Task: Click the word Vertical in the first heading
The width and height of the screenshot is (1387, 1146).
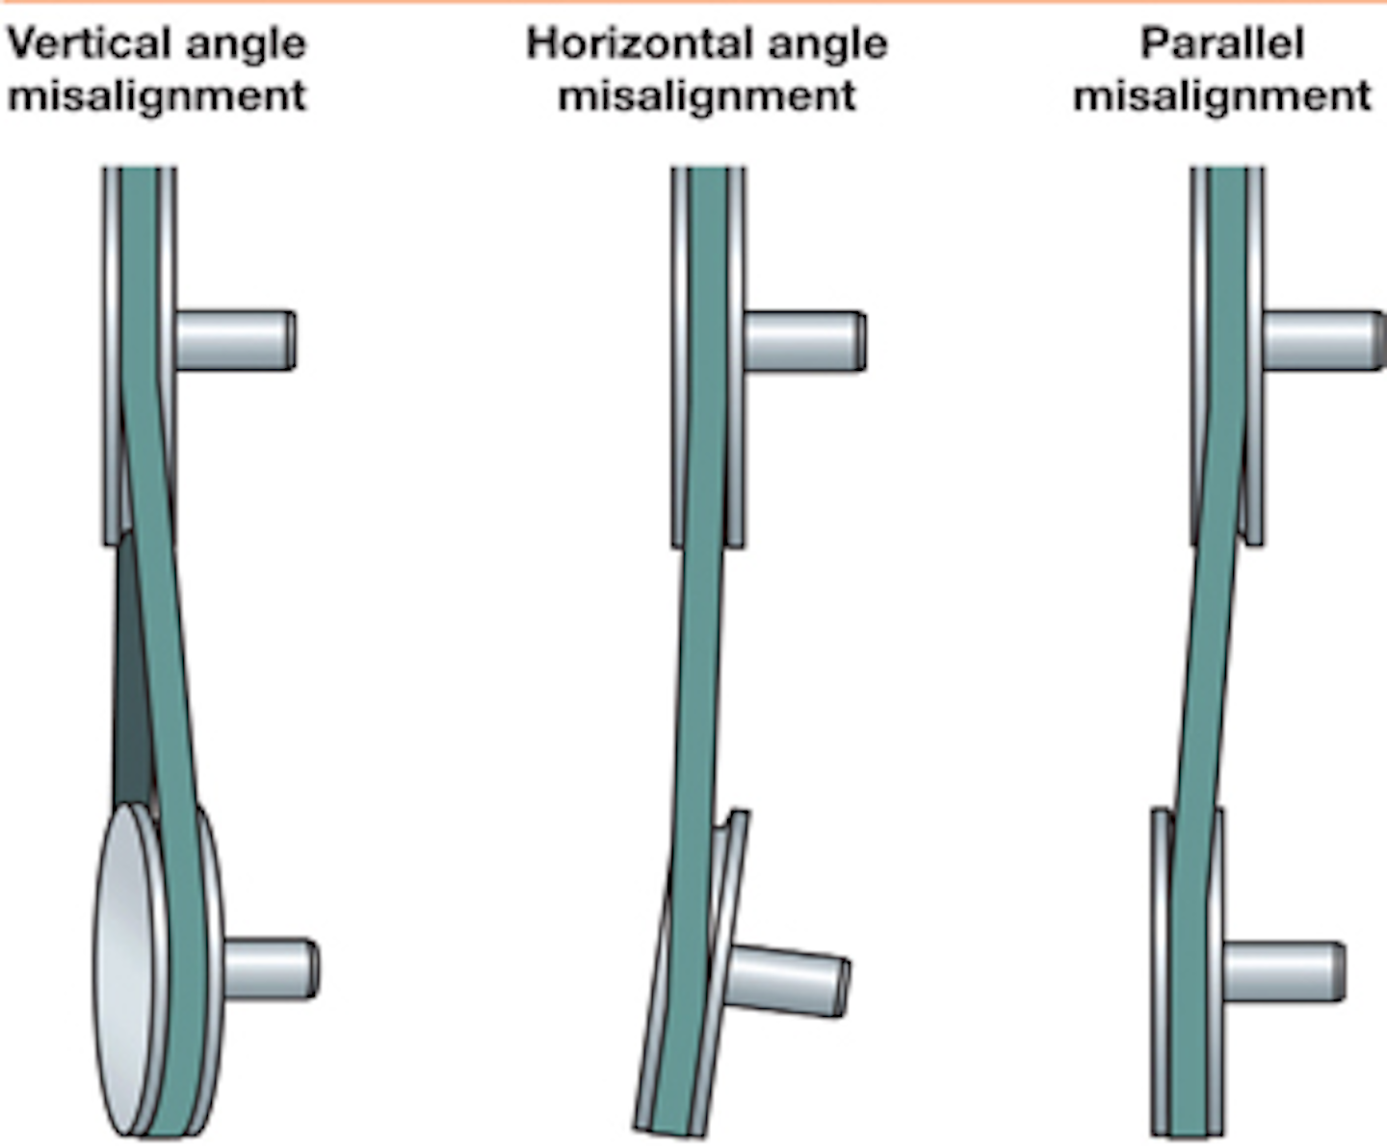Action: [x=87, y=43]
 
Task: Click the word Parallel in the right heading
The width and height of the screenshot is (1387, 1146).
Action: [x=1222, y=43]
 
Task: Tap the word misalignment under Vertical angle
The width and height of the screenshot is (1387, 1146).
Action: [x=157, y=95]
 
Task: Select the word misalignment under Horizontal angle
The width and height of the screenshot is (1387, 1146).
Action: [x=707, y=95]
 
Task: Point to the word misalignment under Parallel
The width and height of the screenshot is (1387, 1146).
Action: [x=1222, y=95]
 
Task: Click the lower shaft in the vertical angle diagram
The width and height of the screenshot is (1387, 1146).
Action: [x=270, y=969]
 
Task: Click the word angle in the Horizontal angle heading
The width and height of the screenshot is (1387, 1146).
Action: [x=824, y=45]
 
